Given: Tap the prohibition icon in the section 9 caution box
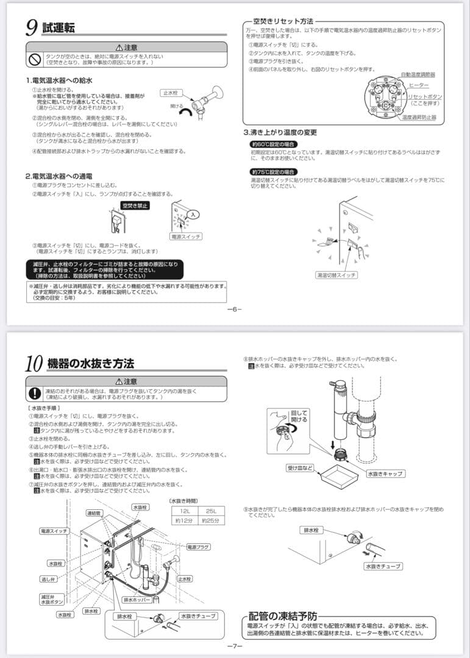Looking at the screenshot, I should click(x=35, y=59).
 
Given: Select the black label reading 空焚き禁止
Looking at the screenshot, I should click(x=136, y=206).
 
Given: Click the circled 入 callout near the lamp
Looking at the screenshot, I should click(x=193, y=214).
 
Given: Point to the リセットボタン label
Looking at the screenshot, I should click(x=425, y=97).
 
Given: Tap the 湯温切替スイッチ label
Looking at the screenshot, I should click(x=336, y=275).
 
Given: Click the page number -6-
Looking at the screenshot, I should click(x=235, y=309).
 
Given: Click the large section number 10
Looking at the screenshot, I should click(x=34, y=364).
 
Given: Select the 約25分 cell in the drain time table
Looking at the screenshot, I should click(x=210, y=521).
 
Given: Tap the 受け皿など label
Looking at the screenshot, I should click(x=301, y=468).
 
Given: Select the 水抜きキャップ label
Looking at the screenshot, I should click(x=385, y=473).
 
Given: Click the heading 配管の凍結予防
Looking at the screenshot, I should click(x=283, y=616).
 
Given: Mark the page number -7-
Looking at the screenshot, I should click(x=235, y=646).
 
